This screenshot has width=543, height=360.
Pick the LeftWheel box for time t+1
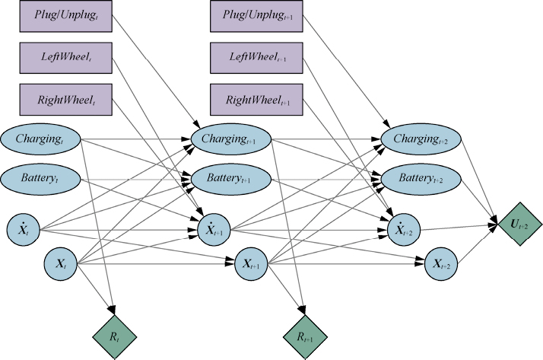click(x=254, y=58)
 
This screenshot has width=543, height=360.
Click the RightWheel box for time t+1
click(x=254, y=100)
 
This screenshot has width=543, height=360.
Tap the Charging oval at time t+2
click(x=420, y=139)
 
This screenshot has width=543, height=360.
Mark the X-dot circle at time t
click(x=23, y=228)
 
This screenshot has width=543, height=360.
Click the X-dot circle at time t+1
click(x=209, y=228)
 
